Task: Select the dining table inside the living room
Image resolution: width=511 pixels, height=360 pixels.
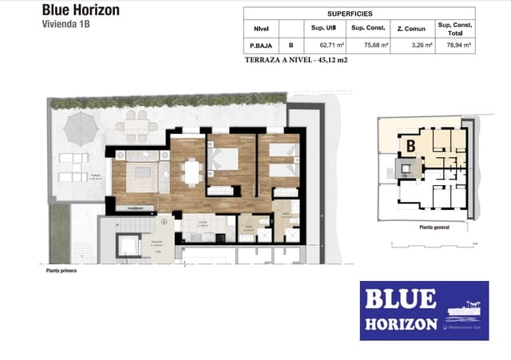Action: tap(191, 171)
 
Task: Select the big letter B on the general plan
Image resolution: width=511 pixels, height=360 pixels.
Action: tap(409, 145)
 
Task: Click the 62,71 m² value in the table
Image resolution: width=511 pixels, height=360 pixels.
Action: tap(331, 46)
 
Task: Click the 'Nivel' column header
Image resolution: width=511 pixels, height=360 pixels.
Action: tap(260, 29)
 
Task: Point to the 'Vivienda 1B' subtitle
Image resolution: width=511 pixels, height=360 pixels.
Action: tap(65, 25)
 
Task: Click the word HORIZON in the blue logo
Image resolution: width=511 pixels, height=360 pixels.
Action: tap(402, 324)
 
